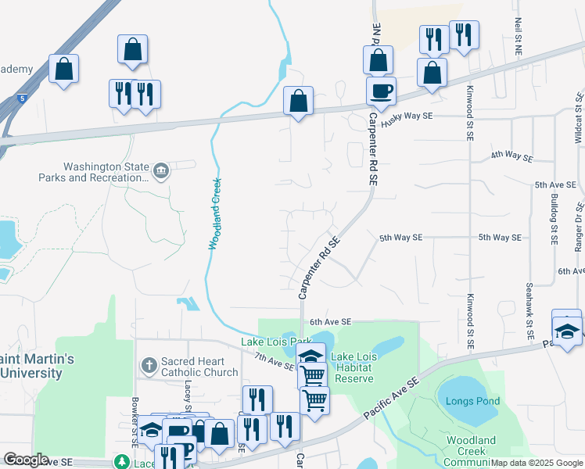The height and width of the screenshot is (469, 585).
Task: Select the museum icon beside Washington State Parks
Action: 162,171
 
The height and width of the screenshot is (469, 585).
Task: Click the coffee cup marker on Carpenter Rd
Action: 381,91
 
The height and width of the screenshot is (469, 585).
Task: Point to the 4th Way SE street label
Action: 511,156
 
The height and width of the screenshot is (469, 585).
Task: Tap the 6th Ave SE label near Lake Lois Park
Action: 331,321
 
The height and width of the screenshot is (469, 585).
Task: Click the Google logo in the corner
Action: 26,460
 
